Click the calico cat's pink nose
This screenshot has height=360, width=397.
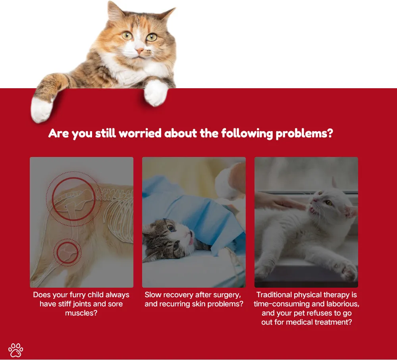pyautogui.click(x=139, y=51)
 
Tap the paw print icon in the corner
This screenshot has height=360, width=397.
pyautogui.click(x=16, y=350)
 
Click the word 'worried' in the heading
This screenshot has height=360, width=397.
pyautogui.click(x=140, y=133)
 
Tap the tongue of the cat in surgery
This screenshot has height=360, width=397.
pyautogui.click(x=191, y=240)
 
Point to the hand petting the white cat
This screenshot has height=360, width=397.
pyautogui.click(x=279, y=202)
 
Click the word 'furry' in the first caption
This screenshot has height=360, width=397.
pyautogui.click(x=77, y=295)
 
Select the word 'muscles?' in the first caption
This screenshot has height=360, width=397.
pyautogui.click(x=81, y=313)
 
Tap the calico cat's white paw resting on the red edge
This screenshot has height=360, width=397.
pyautogui.click(x=156, y=93)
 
